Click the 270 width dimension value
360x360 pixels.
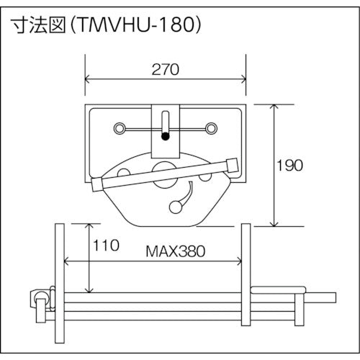(x=165, y=71)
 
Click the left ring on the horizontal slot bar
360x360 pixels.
(x=118, y=128)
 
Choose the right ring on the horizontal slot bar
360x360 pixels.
(x=211, y=128)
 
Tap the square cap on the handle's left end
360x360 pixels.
(x=99, y=185)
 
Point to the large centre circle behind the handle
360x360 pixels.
(x=164, y=174)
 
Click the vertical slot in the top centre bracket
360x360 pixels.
(x=165, y=120)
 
